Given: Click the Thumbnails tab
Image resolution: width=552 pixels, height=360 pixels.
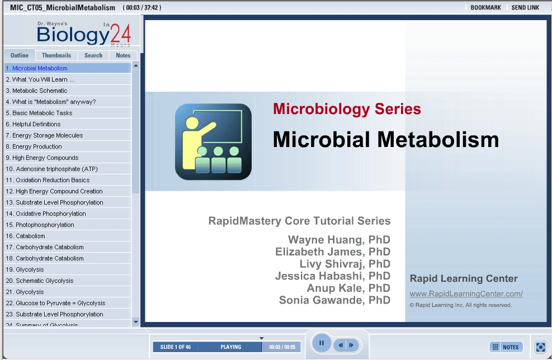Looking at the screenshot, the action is (56, 55).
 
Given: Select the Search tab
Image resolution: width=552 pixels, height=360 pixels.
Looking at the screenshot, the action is (93, 55).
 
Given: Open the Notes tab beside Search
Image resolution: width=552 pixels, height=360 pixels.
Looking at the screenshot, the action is (123, 55).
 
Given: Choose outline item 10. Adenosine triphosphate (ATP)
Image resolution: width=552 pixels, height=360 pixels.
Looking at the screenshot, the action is (52, 169).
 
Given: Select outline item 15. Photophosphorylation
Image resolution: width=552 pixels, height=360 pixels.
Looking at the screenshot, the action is (40, 225).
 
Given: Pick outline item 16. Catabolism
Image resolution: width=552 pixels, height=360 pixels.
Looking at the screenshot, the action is (25, 236).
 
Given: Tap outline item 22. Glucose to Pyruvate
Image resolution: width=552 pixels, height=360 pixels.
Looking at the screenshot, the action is (55, 303).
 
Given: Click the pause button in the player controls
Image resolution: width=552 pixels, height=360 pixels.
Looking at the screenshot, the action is (322, 343).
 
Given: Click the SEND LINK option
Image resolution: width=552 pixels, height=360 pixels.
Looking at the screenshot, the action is (525, 7).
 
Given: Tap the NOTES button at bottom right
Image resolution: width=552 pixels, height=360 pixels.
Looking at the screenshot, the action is (506, 347).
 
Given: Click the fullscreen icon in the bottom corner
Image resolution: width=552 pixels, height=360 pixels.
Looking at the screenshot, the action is (540, 347).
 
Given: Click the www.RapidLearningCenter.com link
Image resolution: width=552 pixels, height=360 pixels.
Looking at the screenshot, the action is (466, 293).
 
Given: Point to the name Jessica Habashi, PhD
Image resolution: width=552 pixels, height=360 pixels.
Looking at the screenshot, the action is (333, 276).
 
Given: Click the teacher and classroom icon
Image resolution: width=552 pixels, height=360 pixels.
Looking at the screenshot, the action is (213, 141).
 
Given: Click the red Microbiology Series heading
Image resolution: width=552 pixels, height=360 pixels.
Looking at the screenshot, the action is (347, 109).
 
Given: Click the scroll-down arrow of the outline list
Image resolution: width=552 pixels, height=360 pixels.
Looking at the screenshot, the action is (136, 321).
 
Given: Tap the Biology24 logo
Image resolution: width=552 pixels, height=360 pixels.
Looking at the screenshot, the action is (84, 34).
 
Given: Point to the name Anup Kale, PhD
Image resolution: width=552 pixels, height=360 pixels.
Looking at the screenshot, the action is (348, 288).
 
